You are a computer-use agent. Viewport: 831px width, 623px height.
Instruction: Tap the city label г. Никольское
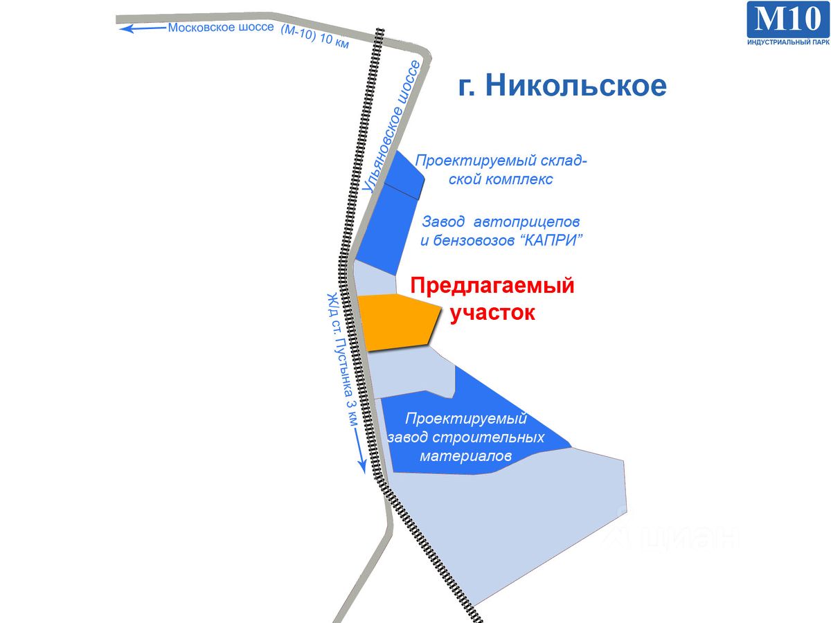coord(562,85)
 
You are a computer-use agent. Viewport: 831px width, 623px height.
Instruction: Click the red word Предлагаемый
coord(492,285)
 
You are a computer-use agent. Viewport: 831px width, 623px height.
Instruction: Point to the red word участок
coord(492,312)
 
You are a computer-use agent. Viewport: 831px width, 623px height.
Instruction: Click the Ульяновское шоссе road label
coord(391,127)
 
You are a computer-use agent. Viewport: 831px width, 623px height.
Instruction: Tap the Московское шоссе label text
coord(222,28)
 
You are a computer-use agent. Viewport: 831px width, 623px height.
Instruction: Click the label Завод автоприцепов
coord(501,222)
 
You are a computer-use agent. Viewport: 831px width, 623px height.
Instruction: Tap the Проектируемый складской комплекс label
coord(501,170)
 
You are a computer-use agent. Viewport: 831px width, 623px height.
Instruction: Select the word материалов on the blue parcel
coord(465,457)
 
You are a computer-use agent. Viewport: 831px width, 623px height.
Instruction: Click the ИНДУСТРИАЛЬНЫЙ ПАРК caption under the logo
coord(787,43)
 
